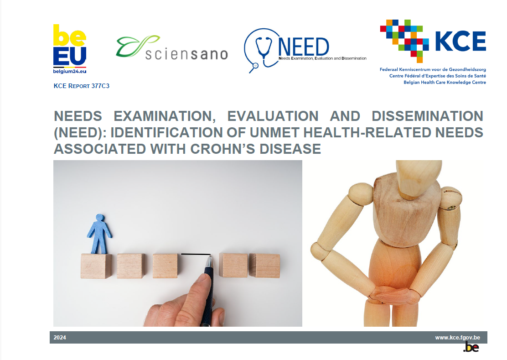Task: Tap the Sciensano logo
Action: [x=171, y=48]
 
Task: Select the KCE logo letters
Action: [x=460, y=42]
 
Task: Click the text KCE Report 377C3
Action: [x=81, y=86]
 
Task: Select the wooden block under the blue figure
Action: [x=96, y=266]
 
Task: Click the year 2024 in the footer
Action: [x=60, y=338]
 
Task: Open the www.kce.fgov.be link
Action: [x=457, y=338]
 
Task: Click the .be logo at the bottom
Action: [x=471, y=348]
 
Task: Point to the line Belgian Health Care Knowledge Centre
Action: [x=445, y=82]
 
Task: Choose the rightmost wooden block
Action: [x=265, y=266]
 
